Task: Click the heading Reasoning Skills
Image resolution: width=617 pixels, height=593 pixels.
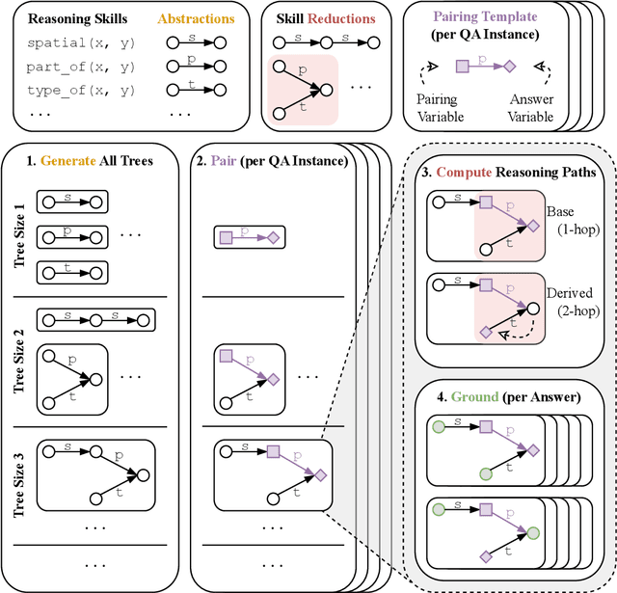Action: (x=72, y=19)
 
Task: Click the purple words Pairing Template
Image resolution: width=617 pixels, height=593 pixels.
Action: (x=486, y=16)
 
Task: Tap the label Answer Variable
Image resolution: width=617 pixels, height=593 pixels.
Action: (x=531, y=107)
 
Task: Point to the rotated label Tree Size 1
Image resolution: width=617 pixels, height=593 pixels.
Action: (x=21, y=237)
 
